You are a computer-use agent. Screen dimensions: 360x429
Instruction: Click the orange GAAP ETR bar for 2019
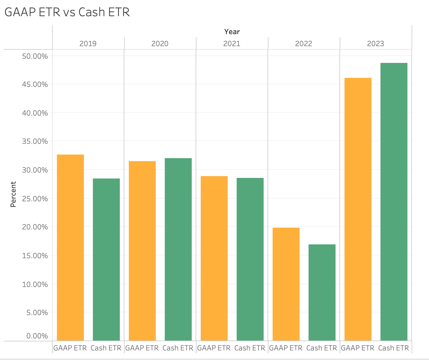pyautogui.click(x=70, y=247)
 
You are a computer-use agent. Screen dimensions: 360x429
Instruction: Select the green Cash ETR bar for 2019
pyautogui.click(x=106, y=259)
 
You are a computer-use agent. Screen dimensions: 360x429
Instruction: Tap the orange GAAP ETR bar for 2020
pyautogui.click(x=142, y=251)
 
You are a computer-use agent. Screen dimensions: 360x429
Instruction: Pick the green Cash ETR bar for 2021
pyautogui.click(x=250, y=259)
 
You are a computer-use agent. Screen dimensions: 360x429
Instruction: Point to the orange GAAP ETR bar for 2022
pyautogui.click(x=286, y=284)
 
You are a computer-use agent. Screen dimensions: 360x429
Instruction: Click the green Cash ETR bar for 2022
pyautogui.click(x=322, y=292)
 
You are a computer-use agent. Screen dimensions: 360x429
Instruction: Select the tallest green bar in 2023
pyautogui.click(x=394, y=202)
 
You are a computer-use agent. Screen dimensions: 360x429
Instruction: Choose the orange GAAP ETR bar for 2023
pyautogui.click(x=358, y=209)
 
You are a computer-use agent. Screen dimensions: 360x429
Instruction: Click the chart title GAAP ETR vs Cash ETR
pyautogui.click(x=67, y=12)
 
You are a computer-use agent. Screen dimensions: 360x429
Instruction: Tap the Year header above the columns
pyautogui.click(x=232, y=31)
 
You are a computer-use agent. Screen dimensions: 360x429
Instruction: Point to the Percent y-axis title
pyautogui.click(x=13, y=194)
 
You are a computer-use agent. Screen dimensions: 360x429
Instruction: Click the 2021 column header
pyautogui.click(x=232, y=44)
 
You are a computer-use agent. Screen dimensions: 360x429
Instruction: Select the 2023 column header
pyautogui.click(x=376, y=44)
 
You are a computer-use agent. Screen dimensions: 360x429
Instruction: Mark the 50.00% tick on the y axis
pyautogui.click(x=35, y=56)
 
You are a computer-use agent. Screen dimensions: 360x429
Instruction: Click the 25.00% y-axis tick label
pyautogui.click(x=35, y=199)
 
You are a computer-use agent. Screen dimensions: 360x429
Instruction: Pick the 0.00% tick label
pyautogui.click(x=37, y=336)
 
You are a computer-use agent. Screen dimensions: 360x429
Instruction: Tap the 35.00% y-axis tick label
pyautogui.click(x=35, y=141)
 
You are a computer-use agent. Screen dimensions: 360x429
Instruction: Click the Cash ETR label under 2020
pyautogui.click(x=178, y=348)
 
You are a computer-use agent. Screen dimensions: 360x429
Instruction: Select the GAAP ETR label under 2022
pyautogui.click(x=286, y=348)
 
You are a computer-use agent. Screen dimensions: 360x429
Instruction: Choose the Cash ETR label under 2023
pyautogui.click(x=394, y=348)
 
